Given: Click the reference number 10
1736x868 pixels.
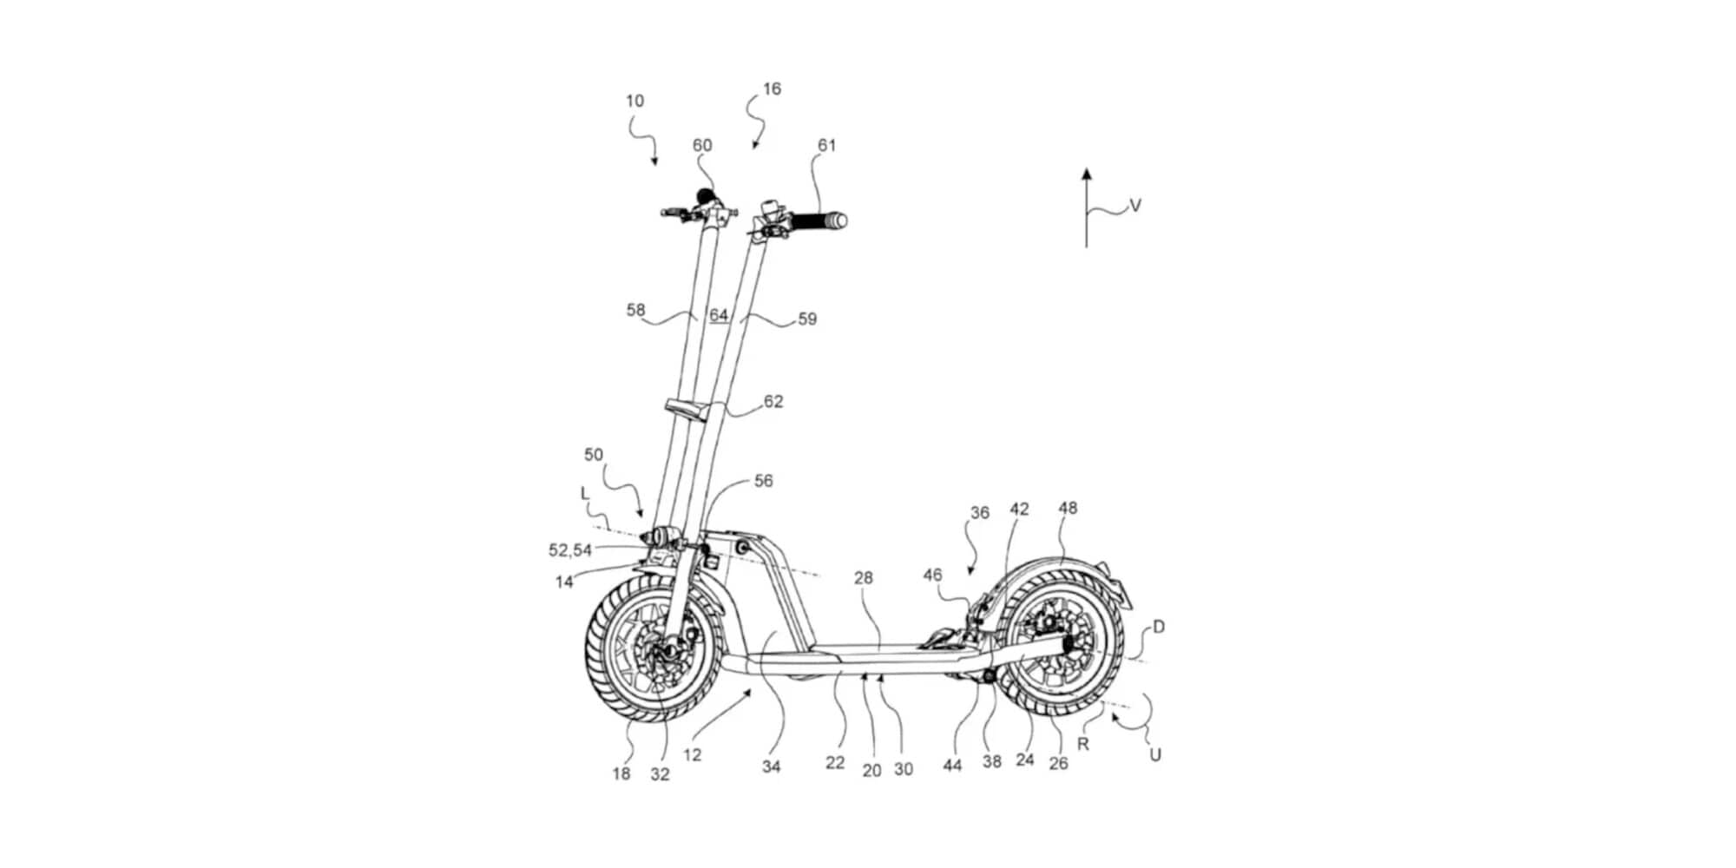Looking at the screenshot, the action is pyautogui.click(x=635, y=101).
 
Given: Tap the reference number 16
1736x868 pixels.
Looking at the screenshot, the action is pyautogui.click(x=772, y=89).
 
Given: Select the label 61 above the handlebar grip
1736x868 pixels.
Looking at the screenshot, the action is pyautogui.click(x=827, y=145).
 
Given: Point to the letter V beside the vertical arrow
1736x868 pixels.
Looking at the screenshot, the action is pyautogui.click(x=1135, y=206).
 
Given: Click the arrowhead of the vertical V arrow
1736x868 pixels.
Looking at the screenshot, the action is pyautogui.click(x=1086, y=174).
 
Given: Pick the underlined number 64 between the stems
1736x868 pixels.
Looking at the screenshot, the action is pyautogui.click(x=719, y=315).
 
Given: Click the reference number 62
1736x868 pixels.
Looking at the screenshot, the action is pyautogui.click(x=773, y=401).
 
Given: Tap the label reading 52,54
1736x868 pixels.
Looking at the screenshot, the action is pyautogui.click(x=570, y=550).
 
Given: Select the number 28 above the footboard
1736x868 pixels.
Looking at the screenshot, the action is pyautogui.click(x=863, y=578).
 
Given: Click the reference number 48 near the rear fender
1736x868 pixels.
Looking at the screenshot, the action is pyautogui.click(x=1068, y=508).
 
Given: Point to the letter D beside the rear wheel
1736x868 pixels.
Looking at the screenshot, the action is pyautogui.click(x=1159, y=627).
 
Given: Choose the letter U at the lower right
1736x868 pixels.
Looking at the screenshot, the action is pyautogui.click(x=1155, y=755).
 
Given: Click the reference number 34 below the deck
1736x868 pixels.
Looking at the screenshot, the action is pyautogui.click(x=772, y=766).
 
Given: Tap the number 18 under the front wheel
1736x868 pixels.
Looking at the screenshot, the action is pyautogui.click(x=621, y=773).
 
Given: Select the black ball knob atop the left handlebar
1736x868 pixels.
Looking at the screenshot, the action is pyautogui.click(x=704, y=195).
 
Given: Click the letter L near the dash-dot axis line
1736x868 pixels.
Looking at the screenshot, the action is pyautogui.click(x=585, y=493).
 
